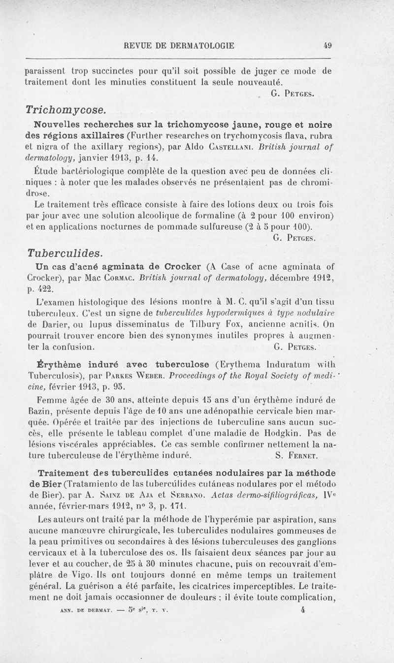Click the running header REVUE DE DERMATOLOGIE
point(180,46)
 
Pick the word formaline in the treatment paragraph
point(213,216)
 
